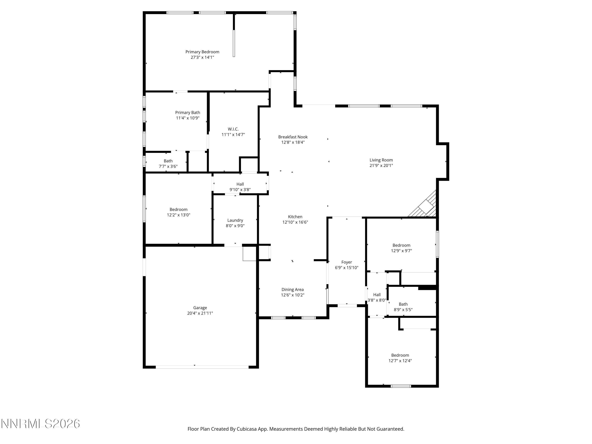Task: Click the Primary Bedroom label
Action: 202,52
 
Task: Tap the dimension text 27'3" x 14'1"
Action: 202,57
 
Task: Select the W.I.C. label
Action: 233,129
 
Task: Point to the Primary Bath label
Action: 188,113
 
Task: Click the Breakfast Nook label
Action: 293,137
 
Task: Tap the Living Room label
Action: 381,160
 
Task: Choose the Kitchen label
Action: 295,217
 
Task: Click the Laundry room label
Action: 235,220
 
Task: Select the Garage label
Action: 200,308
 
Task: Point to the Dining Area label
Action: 292,289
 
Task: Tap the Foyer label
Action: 347,262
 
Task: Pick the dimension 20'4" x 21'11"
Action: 200,313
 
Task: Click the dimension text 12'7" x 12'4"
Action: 400,361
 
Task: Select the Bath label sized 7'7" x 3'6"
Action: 168,161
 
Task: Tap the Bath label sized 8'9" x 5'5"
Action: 403,304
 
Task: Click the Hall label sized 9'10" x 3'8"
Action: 240,184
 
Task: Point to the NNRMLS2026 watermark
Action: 41,424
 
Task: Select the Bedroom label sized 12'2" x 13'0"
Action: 179,210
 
